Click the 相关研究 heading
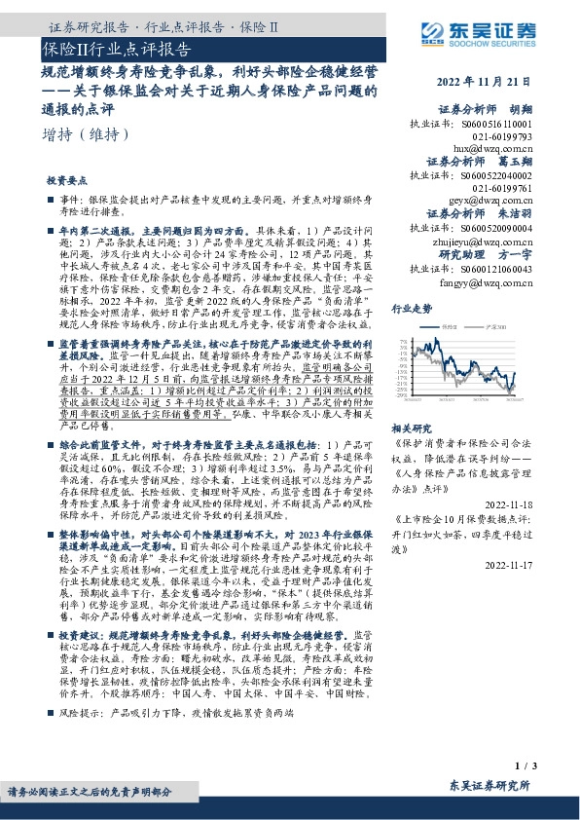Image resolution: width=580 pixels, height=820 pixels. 411,427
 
